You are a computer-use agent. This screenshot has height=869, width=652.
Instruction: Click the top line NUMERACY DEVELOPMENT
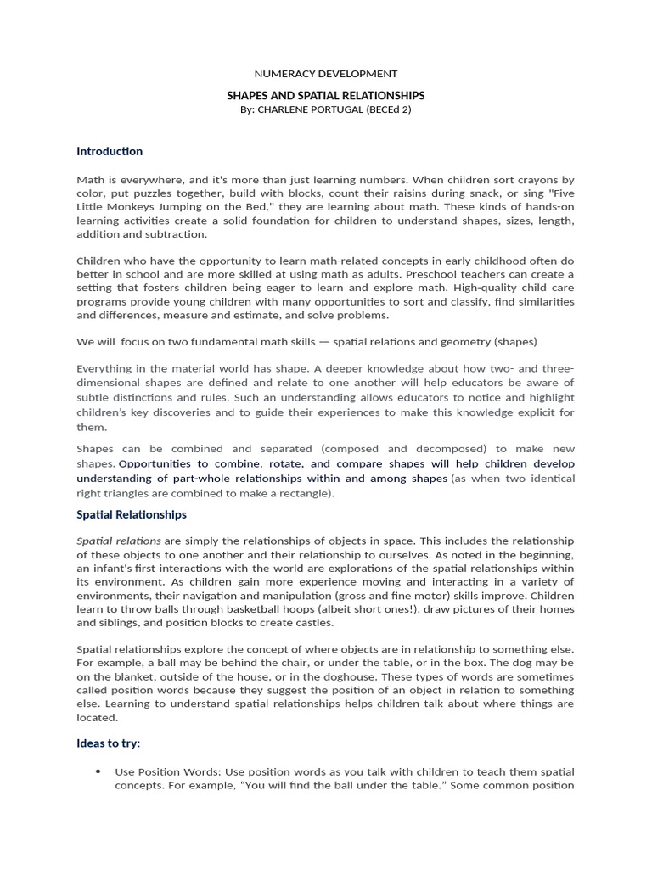(x=326, y=74)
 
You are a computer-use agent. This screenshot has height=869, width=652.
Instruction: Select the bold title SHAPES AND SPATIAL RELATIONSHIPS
(x=326, y=96)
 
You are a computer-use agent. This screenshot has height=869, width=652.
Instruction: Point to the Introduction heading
(x=110, y=151)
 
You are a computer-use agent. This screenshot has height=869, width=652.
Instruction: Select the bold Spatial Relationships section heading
(x=132, y=514)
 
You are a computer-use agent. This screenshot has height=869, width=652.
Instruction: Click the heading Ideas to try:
(x=109, y=743)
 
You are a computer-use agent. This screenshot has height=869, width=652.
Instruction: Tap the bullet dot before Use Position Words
(x=98, y=771)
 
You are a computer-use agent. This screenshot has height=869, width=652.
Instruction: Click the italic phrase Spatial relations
(x=119, y=541)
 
